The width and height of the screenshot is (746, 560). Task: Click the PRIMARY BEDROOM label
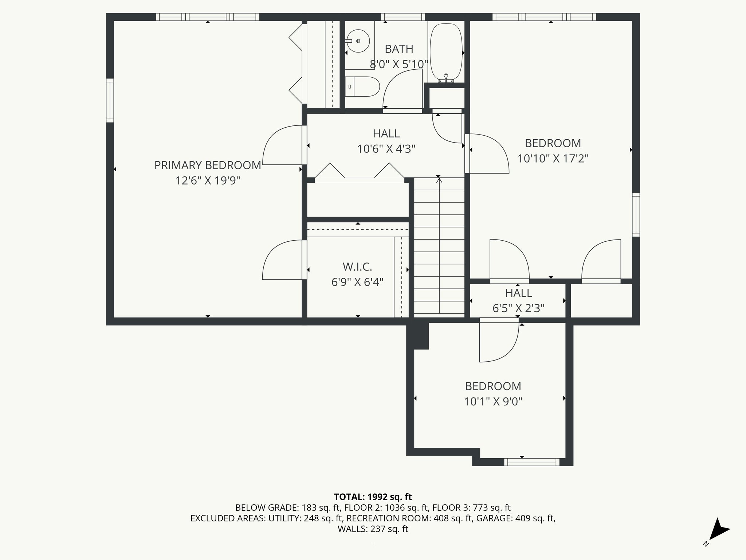208,165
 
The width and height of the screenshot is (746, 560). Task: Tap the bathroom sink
358,41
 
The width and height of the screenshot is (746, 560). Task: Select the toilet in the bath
362,87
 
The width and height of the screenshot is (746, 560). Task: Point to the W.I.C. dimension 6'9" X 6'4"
357,282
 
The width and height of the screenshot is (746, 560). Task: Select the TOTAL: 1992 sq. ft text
373,497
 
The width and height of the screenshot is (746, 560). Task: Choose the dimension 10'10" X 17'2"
553,159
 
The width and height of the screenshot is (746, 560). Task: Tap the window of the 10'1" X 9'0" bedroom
532,462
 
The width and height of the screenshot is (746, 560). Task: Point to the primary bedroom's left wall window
110,100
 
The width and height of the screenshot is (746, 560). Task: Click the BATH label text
399,49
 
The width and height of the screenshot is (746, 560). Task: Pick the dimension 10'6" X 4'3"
386,149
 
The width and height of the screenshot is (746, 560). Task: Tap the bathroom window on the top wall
403,17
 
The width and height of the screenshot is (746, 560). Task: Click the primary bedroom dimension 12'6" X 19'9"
208,180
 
